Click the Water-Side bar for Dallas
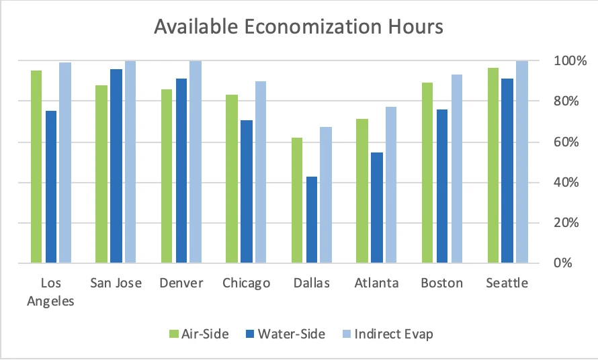pyautogui.click(x=312, y=220)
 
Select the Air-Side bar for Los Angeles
pyautogui.click(x=36, y=167)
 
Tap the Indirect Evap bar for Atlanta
pyautogui.click(x=391, y=185)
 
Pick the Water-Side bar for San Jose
pyautogui.click(x=116, y=167)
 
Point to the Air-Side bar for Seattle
pyautogui.click(x=493, y=165)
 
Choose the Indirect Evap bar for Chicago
pyautogui.click(x=261, y=173)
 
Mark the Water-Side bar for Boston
pyautogui.click(x=442, y=186)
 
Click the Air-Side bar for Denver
pyautogui.click(x=167, y=176)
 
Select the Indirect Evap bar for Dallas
pyautogui.click(x=326, y=195)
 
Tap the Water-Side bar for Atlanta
pyautogui.click(x=377, y=208)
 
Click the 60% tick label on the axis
pyautogui.click(x=566, y=142)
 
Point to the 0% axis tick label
pyautogui.click(x=563, y=263)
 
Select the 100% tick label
pyautogui.click(x=570, y=60)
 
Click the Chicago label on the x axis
pyautogui.click(x=247, y=283)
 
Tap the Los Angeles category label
pyautogui.click(x=50, y=292)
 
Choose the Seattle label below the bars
pyautogui.click(x=507, y=283)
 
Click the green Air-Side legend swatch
pyautogui.click(x=173, y=334)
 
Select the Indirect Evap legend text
pyautogui.click(x=394, y=334)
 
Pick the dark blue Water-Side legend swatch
pyautogui.click(x=250, y=334)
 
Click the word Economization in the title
pyautogui.click(x=312, y=27)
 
